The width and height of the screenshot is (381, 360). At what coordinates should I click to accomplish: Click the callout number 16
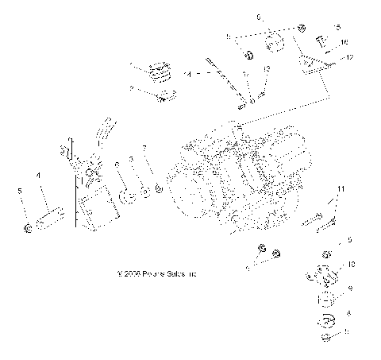[x=344, y=41]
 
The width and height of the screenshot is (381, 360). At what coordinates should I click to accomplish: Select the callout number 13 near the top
[x=266, y=70]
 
